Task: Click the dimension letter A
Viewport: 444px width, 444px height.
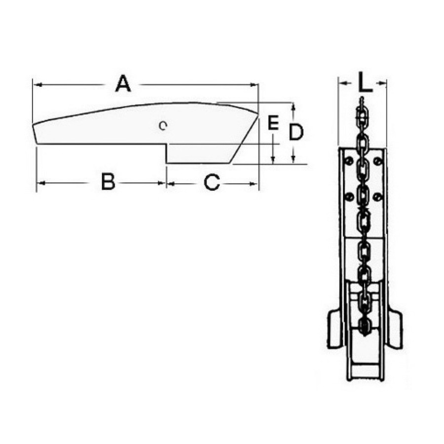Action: (123, 83)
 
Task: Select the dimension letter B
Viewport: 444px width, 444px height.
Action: (108, 182)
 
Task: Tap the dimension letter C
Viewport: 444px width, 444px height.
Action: (212, 182)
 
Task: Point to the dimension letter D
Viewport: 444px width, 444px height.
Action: (296, 132)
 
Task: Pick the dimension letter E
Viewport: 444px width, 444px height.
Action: (273, 123)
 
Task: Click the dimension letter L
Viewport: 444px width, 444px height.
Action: (365, 82)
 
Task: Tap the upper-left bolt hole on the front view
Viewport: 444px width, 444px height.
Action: (349, 161)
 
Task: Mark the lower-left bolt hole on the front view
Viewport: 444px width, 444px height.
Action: (350, 196)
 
